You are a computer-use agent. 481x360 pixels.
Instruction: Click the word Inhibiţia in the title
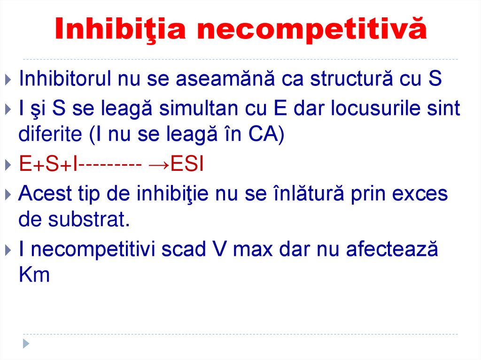pyautogui.click(x=120, y=29)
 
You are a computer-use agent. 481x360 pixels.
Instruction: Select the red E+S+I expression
pyautogui.click(x=48, y=165)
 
